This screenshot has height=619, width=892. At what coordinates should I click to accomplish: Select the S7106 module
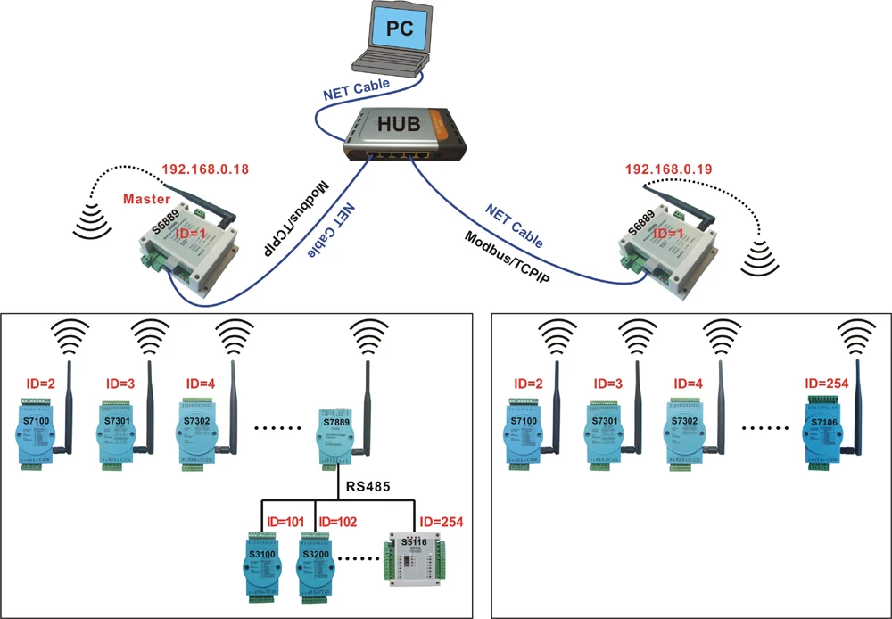coord(825,428)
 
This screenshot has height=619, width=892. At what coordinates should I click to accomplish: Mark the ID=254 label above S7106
coord(823,384)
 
